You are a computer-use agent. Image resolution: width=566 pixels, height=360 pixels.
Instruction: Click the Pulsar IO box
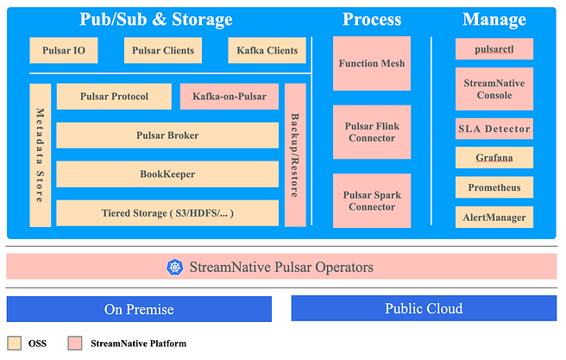click(x=64, y=50)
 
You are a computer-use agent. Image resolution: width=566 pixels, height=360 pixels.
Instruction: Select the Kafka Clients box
click(x=267, y=50)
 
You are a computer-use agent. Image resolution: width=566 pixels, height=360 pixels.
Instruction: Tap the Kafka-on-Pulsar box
click(x=230, y=97)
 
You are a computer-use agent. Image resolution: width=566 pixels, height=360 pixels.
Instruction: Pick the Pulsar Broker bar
click(x=167, y=136)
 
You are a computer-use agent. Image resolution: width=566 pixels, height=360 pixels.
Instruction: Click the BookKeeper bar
click(x=167, y=174)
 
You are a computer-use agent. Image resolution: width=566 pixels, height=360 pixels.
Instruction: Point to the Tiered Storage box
click(x=167, y=213)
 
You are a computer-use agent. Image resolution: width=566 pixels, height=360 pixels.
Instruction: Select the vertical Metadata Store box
click(x=40, y=155)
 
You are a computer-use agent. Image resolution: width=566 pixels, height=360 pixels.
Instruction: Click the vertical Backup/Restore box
click(x=295, y=155)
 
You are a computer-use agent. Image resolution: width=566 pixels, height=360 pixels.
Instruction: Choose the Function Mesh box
click(x=372, y=63)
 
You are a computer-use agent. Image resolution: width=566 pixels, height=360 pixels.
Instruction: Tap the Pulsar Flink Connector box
click(x=372, y=132)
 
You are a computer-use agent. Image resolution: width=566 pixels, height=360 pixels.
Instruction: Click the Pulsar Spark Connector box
click(x=372, y=201)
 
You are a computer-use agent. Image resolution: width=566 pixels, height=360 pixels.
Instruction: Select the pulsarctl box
click(x=494, y=48)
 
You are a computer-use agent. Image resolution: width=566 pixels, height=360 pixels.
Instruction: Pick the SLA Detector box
click(x=494, y=129)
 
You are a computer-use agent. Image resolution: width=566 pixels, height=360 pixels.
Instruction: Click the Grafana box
click(x=494, y=157)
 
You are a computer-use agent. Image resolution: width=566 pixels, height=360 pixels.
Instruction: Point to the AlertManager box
click(x=494, y=217)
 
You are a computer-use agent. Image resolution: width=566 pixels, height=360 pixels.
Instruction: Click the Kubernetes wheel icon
click(x=174, y=268)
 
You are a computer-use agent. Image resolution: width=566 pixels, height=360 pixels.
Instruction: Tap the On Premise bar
click(x=139, y=309)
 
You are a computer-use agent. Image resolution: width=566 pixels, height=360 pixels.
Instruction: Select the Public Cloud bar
click(x=424, y=308)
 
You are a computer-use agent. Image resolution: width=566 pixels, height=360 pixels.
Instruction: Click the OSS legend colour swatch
click(x=15, y=343)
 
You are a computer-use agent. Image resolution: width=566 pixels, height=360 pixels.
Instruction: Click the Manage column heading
click(x=494, y=19)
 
